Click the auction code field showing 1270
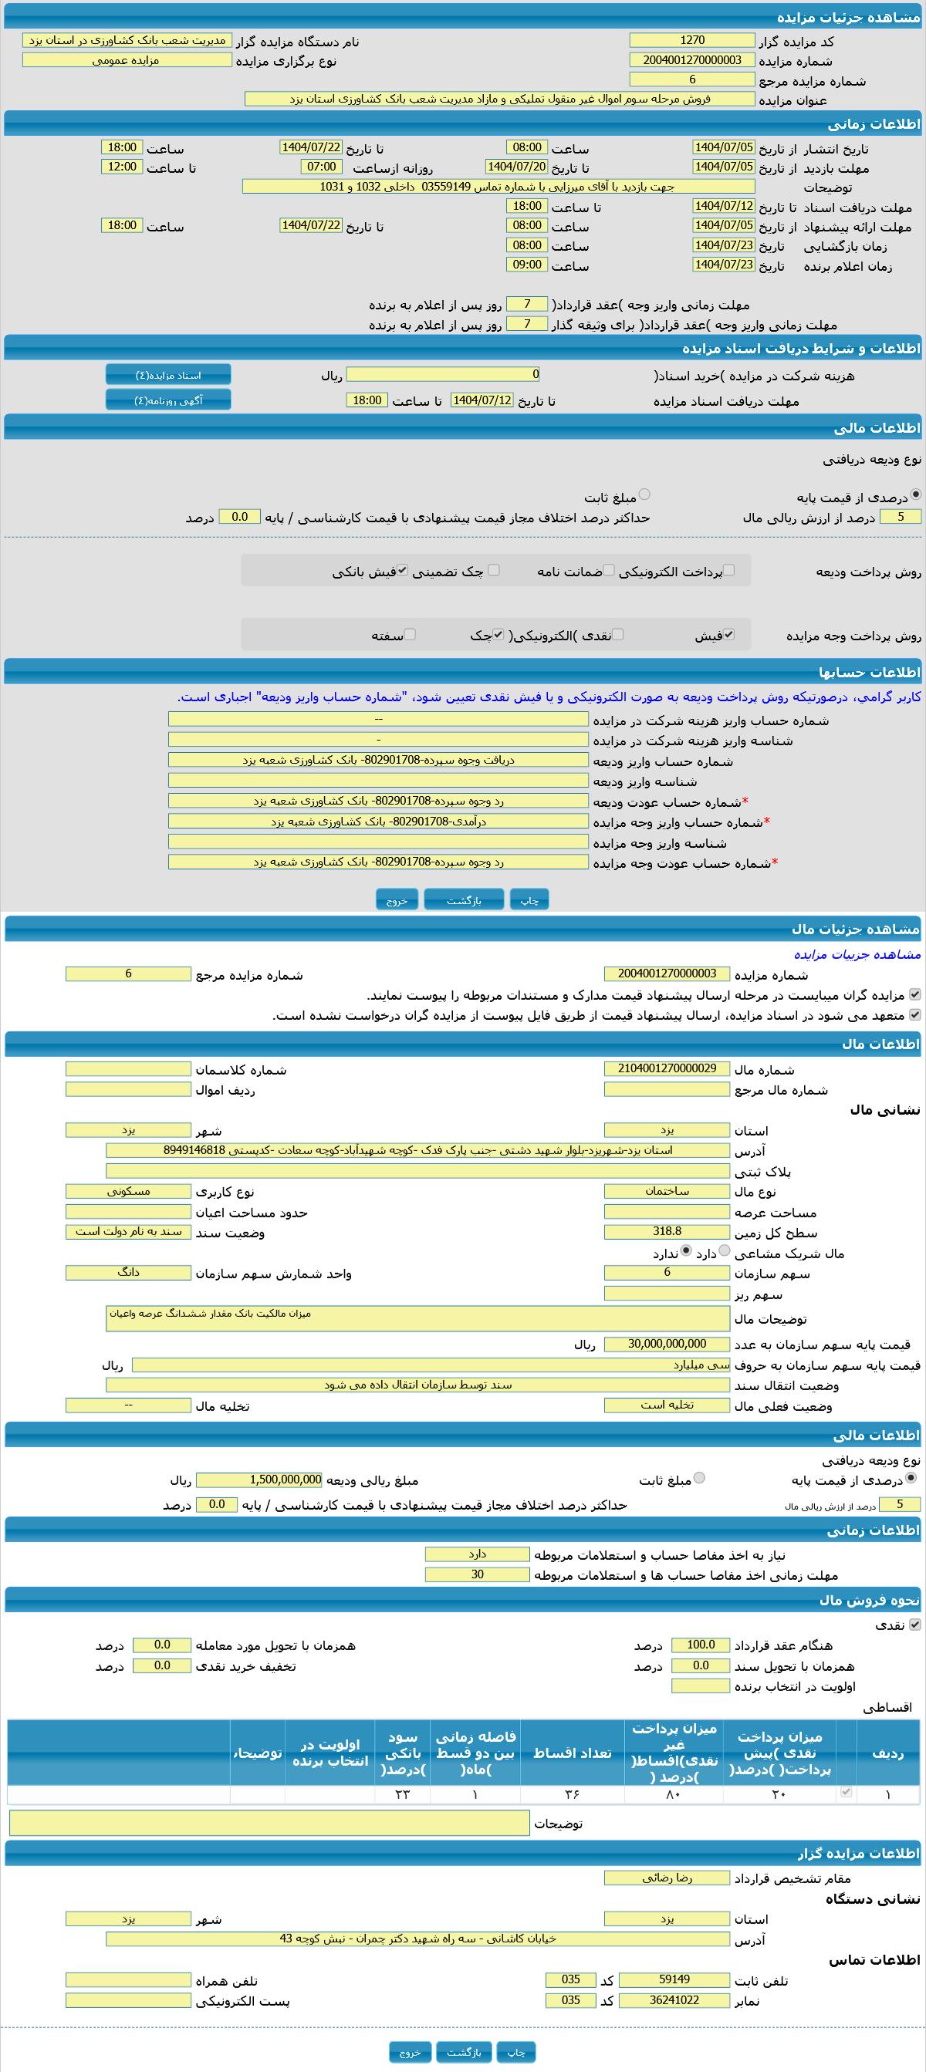pos(692,40)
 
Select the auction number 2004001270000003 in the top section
pos(692,60)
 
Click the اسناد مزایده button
pos(168,375)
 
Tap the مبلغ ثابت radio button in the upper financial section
pos(644,494)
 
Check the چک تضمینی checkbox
pos(494,570)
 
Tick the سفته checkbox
pos(411,635)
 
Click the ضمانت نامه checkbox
pos(609,570)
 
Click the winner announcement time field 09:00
pos(527,265)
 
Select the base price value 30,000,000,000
pos(667,1344)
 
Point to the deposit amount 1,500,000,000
pos(259,1480)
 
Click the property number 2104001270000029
pos(667,1069)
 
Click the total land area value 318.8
pos(667,1231)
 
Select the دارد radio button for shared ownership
pos(724,1250)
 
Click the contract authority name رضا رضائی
pos(667,1878)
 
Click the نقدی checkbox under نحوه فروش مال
pos(914,1624)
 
